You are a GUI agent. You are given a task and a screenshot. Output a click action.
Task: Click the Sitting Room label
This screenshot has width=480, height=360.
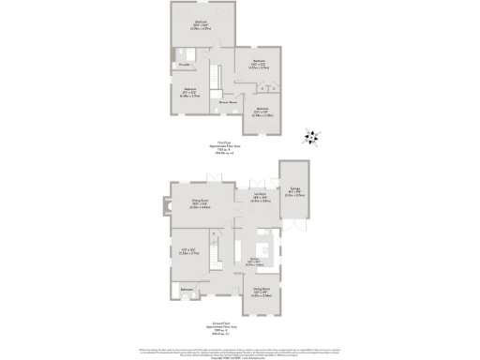point(200,202)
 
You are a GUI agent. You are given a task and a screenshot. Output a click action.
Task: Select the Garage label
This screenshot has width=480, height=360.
point(295,191)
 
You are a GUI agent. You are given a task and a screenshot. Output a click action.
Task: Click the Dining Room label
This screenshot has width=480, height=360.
point(262,290)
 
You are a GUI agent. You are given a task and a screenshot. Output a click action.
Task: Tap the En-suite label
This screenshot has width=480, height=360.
point(185,65)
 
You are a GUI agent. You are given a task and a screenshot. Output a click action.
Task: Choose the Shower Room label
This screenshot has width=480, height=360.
point(226,100)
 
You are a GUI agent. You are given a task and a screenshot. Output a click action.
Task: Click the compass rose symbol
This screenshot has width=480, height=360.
point(311,139)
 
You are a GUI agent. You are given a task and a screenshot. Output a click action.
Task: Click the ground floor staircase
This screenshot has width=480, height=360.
point(215,251)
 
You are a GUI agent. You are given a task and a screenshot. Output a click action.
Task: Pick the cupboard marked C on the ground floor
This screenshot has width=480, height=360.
point(214,233)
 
